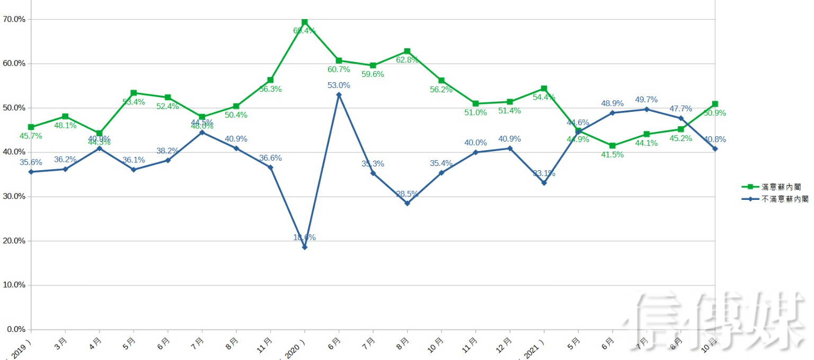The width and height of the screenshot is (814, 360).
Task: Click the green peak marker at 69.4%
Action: pos(304,22)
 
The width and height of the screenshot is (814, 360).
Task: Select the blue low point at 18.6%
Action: pos(304,247)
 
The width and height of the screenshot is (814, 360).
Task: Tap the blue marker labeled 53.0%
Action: pos(339,95)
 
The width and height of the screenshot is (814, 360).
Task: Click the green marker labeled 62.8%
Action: pos(407,51)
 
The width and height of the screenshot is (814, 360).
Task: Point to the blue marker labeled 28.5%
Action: pos(407,203)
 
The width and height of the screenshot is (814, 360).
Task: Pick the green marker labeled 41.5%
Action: pos(613,146)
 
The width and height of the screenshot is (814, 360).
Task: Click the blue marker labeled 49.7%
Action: pos(647,109)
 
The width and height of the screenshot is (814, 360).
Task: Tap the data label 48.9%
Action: pos(612,103)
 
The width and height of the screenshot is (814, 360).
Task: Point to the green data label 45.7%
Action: pos(31,136)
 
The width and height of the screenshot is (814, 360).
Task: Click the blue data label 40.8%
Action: pos(715,140)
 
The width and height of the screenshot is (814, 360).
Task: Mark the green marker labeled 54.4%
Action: pos(544,89)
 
